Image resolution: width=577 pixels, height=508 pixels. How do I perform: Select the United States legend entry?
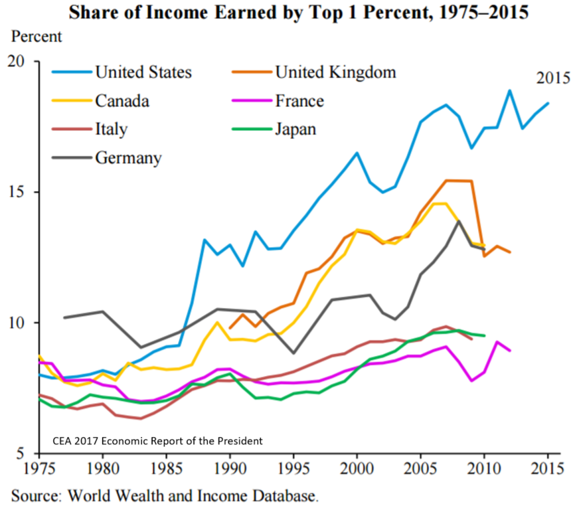click(143, 72)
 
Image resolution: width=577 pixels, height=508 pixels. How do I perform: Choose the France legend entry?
click(299, 101)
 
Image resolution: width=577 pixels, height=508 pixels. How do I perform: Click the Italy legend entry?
click(112, 129)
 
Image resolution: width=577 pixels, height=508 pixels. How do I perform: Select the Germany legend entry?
click(128, 158)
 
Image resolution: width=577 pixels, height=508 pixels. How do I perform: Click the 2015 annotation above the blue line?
click(553, 78)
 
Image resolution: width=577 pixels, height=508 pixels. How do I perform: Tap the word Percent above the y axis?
click(37, 37)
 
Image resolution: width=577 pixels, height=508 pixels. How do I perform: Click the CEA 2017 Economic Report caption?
click(157, 440)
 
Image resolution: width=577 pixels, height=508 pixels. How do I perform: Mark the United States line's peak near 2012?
click(510, 90)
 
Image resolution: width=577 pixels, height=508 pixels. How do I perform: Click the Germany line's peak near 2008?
click(459, 221)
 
